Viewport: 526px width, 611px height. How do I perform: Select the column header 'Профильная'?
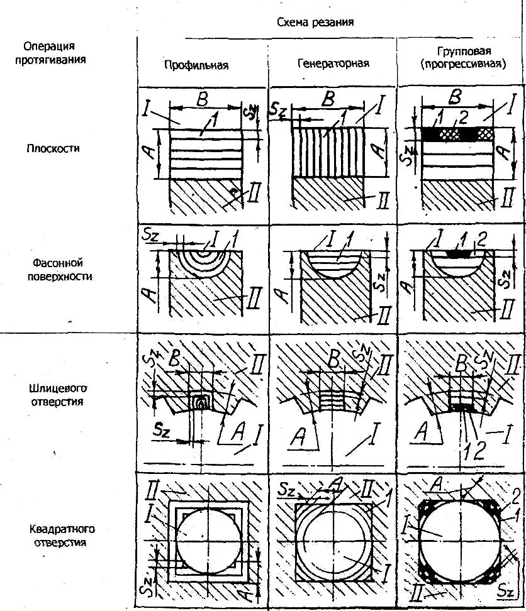pos(196,64)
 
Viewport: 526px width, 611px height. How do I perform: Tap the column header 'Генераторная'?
pos(333,63)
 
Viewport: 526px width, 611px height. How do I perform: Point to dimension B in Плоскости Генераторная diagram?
pos(327,99)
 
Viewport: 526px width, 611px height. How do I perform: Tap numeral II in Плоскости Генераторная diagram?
pos(381,201)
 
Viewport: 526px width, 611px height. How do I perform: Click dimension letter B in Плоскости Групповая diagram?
pos(457,97)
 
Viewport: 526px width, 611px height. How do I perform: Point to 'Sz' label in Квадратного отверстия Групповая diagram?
pos(507,592)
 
